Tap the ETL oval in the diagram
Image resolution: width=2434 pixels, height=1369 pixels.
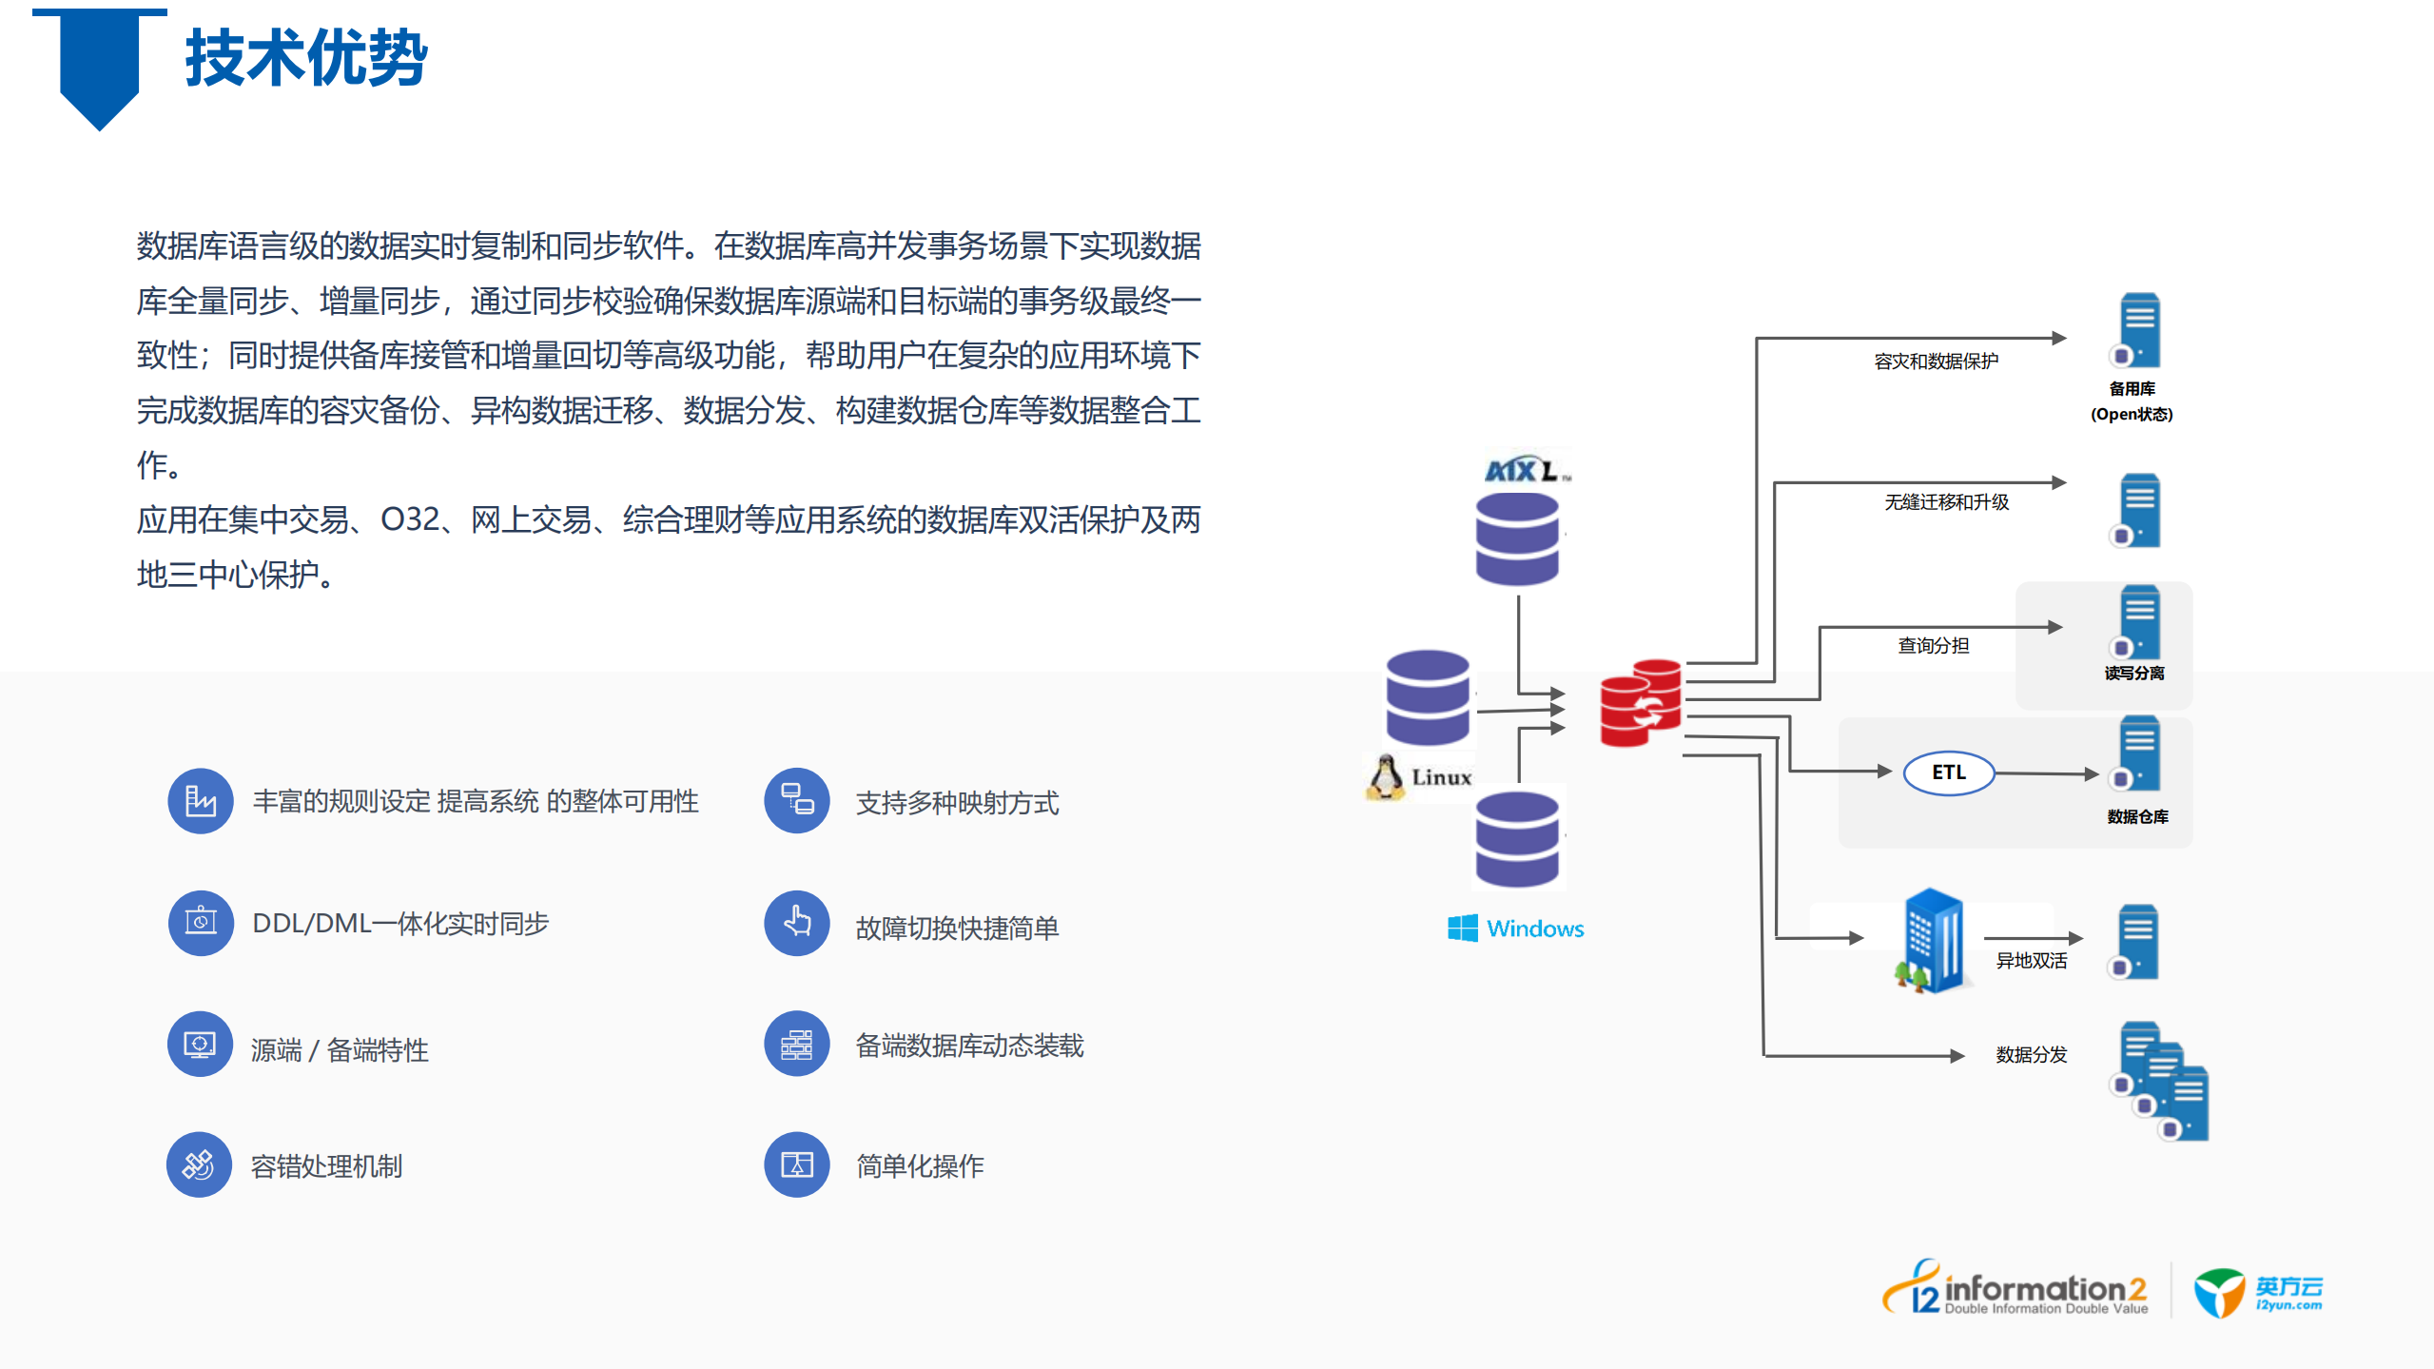click(1947, 773)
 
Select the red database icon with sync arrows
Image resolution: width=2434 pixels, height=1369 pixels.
click(1641, 704)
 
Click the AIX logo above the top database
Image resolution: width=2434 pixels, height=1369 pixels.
click(1525, 470)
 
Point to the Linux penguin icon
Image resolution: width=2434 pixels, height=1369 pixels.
click(1385, 777)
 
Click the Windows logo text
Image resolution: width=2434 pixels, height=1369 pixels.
click(1516, 929)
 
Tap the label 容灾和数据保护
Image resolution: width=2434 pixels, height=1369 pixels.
click(1936, 362)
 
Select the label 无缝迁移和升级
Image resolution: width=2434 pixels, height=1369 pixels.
click(1946, 502)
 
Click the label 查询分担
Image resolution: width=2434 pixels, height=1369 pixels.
click(1933, 646)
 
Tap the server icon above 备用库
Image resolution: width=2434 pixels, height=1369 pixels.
click(2137, 331)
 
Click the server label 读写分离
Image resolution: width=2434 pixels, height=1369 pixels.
click(2133, 674)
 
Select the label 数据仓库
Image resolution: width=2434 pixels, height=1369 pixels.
click(2136, 817)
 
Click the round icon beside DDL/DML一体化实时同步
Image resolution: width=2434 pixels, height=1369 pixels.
click(200, 923)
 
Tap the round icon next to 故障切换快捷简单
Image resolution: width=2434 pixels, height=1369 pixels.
click(797, 923)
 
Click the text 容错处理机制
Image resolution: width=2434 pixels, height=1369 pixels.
click(326, 1166)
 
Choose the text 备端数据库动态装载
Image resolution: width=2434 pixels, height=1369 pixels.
click(969, 1046)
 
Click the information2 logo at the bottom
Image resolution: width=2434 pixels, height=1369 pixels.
click(2016, 1291)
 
